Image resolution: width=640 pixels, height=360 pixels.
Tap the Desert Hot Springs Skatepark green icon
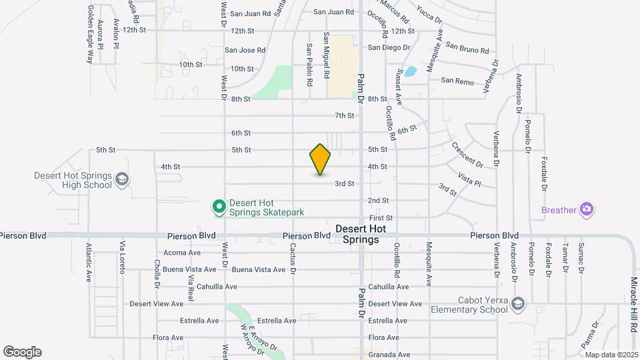218,207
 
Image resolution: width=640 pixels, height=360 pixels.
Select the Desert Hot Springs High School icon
122,179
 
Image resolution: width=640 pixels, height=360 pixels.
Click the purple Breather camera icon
587,210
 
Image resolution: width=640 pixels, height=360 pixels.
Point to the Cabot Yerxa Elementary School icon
517,305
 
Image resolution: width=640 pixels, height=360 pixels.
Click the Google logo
22,352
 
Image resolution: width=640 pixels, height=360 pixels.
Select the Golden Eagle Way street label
89,35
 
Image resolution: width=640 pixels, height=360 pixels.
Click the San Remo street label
457,81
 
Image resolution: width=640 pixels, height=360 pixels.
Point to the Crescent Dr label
467,154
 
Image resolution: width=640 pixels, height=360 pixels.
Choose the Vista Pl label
469,178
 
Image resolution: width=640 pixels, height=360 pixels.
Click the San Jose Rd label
245,50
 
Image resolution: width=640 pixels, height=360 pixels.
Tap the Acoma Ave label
182,253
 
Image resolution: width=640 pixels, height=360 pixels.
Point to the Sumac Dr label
581,259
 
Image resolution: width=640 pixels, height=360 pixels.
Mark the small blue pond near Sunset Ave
411,71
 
